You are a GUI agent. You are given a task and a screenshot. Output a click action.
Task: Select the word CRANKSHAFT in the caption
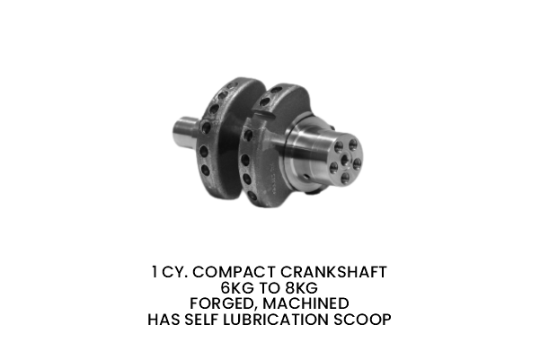point(335,272)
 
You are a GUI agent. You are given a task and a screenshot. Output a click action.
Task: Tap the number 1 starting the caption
point(155,272)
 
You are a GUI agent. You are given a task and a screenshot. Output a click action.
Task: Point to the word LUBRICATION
point(286,320)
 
